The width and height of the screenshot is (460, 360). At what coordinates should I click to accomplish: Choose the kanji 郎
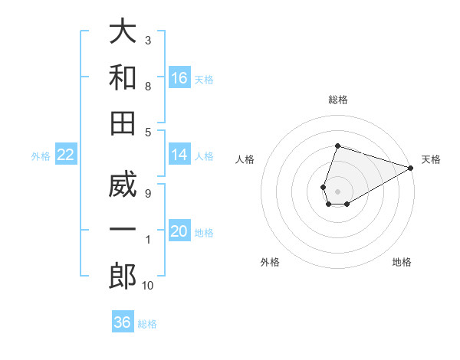(x=123, y=277)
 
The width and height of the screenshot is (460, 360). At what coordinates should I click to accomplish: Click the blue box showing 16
(x=180, y=78)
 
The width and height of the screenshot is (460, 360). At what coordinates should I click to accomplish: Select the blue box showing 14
(x=180, y=155)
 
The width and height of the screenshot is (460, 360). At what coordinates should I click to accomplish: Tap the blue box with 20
(x=180, y=232)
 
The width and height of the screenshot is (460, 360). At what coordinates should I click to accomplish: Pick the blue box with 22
(x=66, y=155)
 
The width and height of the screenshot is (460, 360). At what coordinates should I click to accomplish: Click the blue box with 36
(x=123, y=322)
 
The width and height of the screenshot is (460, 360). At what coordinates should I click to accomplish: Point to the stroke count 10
(x=148, y=286)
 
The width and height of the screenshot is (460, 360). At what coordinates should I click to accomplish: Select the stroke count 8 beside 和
(x=148, y=86)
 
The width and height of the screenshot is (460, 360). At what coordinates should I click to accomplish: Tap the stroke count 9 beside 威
(x=148, y=194)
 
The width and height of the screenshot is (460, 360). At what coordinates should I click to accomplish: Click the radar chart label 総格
(x=338, y=100)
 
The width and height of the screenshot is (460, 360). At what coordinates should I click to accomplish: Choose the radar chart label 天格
(x=431, y=159)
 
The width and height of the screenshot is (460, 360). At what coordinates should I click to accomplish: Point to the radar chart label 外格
(x=270, y=262)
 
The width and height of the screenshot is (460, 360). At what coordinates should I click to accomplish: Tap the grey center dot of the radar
(x=337, y=190)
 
